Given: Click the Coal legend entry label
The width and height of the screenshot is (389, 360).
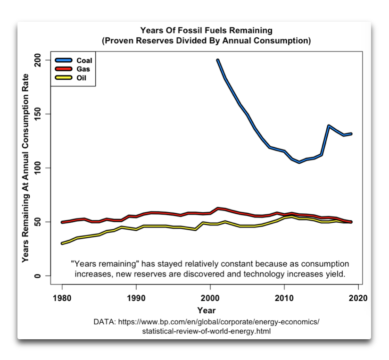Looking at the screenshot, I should pyautogui.click(x=84, y=60).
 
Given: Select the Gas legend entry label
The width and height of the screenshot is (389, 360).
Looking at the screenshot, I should pyautogui.click(x=83, y=69).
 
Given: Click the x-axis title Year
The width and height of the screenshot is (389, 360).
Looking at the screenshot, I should pyautogui.click(x=207, y=310).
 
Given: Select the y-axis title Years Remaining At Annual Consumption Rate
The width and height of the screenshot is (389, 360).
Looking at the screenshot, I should pyautogui.click(x=26, y=168).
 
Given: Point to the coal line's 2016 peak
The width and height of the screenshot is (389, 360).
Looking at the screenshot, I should pyautogui.click(x=329, y=126).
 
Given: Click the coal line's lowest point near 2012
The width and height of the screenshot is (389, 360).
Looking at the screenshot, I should pyautogui.click(x=299, y=162).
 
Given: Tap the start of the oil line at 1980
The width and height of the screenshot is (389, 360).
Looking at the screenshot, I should pyautogui.click(x=62, y=243).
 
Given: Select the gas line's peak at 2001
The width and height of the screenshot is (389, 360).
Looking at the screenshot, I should pyautogui.click(x=217, y=208).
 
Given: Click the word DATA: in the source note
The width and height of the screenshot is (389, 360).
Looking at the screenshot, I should pyautogui.click(x=105, y=322).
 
